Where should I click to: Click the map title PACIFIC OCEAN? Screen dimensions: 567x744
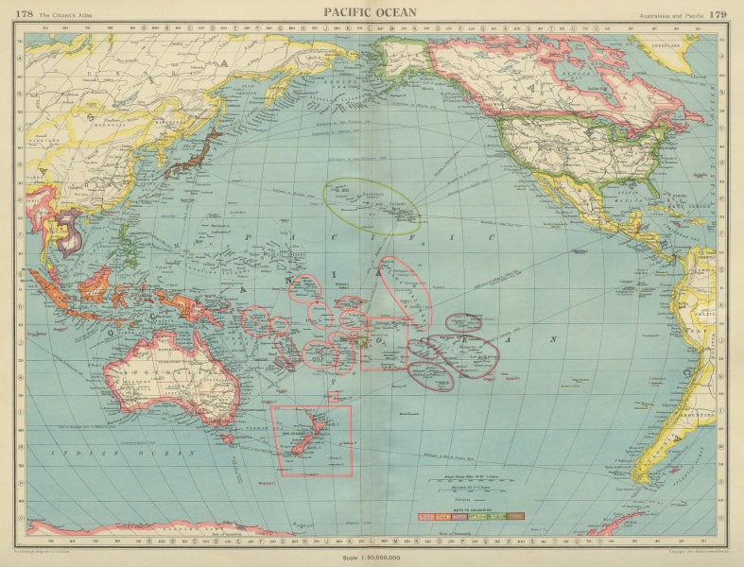pyautogui.click(x=370, y=11)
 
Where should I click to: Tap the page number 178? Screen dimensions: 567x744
pyautogui.click(x=26, y=11)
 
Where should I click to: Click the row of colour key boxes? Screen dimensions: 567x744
pyautogui.click(x=471, y=517)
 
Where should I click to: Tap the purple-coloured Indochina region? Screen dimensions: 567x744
pyautogui.click(x=67, y=231)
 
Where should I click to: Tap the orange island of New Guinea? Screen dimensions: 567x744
pyautogui.click(x=185, y=303)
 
